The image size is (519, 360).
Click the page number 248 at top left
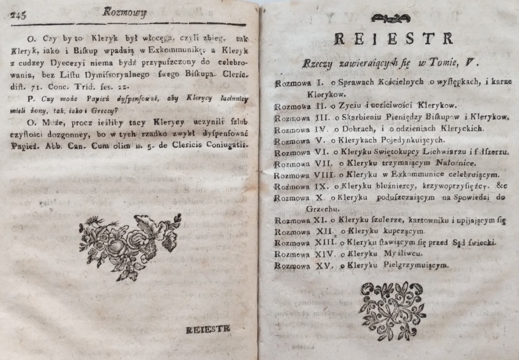click(18, 15)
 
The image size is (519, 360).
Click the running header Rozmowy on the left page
click(124, 13)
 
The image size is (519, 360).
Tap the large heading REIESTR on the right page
click(393, 38)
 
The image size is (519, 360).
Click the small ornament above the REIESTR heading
click(390, 19)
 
